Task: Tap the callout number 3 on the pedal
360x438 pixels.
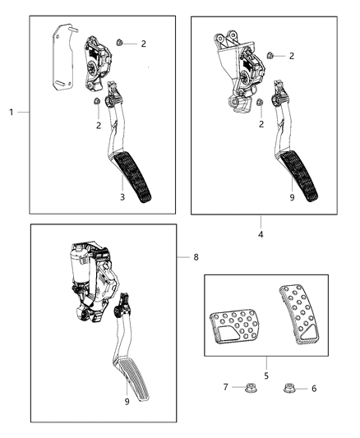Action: tap(122, 196)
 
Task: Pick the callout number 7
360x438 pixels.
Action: tap(225, 386)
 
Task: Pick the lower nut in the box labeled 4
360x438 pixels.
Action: tap(261, 103)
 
